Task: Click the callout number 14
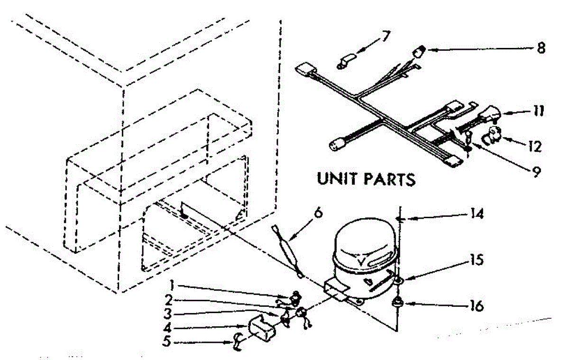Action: click(477, 215)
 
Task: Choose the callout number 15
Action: click(477, 261)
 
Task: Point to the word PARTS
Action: click(392, 180)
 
